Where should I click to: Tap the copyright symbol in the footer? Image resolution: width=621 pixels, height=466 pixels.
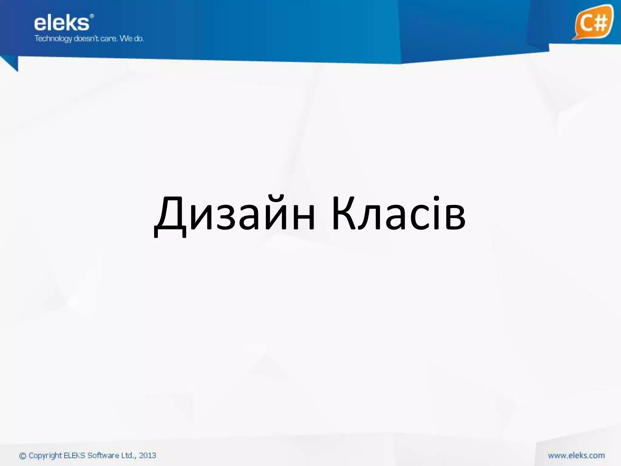point(23,456)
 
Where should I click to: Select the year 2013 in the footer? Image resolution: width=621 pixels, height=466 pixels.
point(147,455)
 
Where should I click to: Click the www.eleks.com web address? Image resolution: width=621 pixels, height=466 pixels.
point(576,455)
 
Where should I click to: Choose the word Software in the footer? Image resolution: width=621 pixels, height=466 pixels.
point(103,455)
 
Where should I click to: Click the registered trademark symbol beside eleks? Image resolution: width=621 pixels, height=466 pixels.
point(92,16)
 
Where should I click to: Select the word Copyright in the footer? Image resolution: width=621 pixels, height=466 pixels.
point(45,456)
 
